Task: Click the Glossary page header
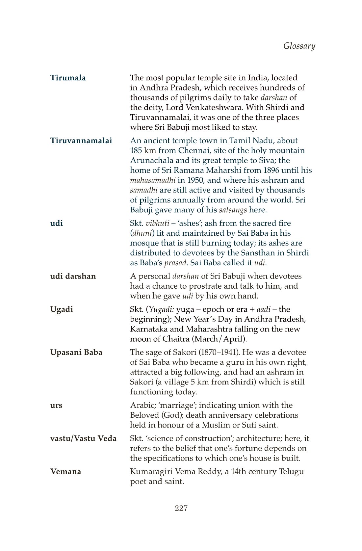click(x=299, y=46)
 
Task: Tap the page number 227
click(x=181, y=508)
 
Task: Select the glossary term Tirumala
click(x=68, y=78)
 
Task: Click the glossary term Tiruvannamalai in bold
click(x=81, y=141)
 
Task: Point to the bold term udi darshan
click(x=73, y=276)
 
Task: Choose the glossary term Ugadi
click(x=62, y=309)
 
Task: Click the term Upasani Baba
click(x=76, y=353)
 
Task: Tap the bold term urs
click(x=56, y=406)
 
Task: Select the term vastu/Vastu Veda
click(x=83, y=439)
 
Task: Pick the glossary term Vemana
click(x=65, y=472)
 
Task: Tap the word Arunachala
click(x=151, y=161)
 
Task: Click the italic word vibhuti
click(x=157, y=223)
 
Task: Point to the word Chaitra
click(x=176, y=339)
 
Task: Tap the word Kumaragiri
click(x=151, y=472)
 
